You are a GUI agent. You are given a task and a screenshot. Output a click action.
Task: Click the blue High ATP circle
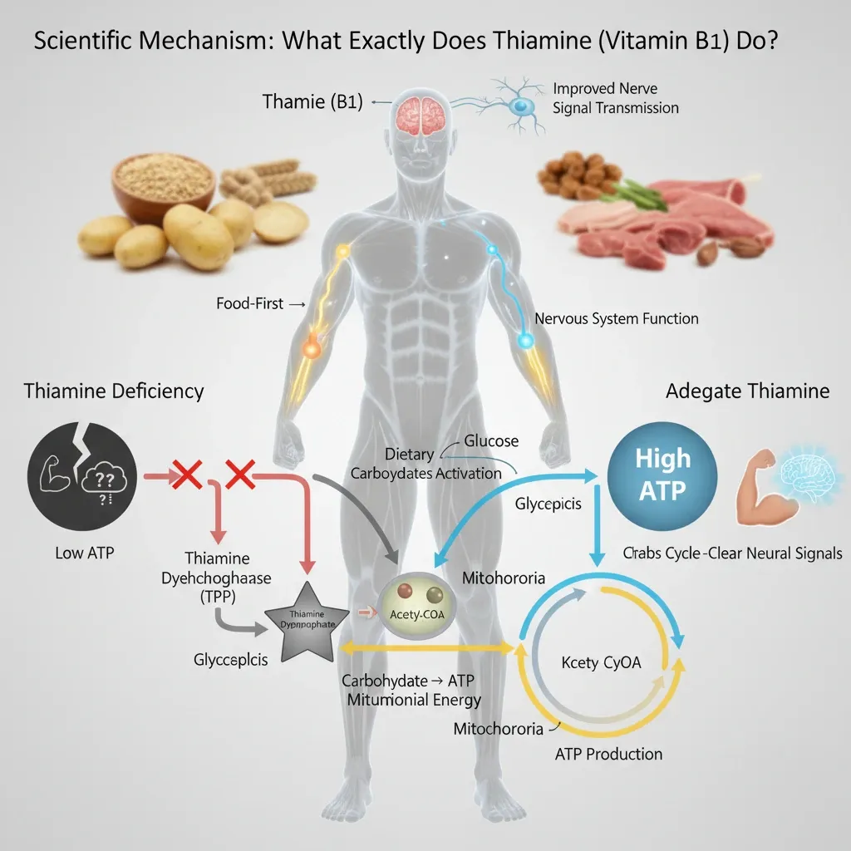coord(662,475)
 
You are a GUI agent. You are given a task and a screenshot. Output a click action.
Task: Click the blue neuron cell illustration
coord(521,106)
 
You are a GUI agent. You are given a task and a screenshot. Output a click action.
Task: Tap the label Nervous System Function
coord(617,318)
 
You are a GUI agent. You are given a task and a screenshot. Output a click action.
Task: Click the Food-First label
coord(250,304)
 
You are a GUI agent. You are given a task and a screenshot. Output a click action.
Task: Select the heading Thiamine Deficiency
coord(114,391)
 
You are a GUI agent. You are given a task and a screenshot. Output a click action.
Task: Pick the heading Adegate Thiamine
coord(747,391)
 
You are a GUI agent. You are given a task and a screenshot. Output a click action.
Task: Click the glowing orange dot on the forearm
coord(310,349)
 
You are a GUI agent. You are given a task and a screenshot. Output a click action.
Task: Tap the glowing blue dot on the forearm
coord(525,339)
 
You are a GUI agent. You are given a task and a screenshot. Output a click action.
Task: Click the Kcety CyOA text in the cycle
coord(601,663)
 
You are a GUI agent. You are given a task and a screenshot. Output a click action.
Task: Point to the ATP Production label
coord(608,754)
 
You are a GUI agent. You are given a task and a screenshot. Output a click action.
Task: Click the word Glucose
coord(491,440)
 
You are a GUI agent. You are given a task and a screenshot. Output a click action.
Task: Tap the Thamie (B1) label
coord(312,102)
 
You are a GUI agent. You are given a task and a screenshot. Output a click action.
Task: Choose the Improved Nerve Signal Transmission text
coord(615,98)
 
